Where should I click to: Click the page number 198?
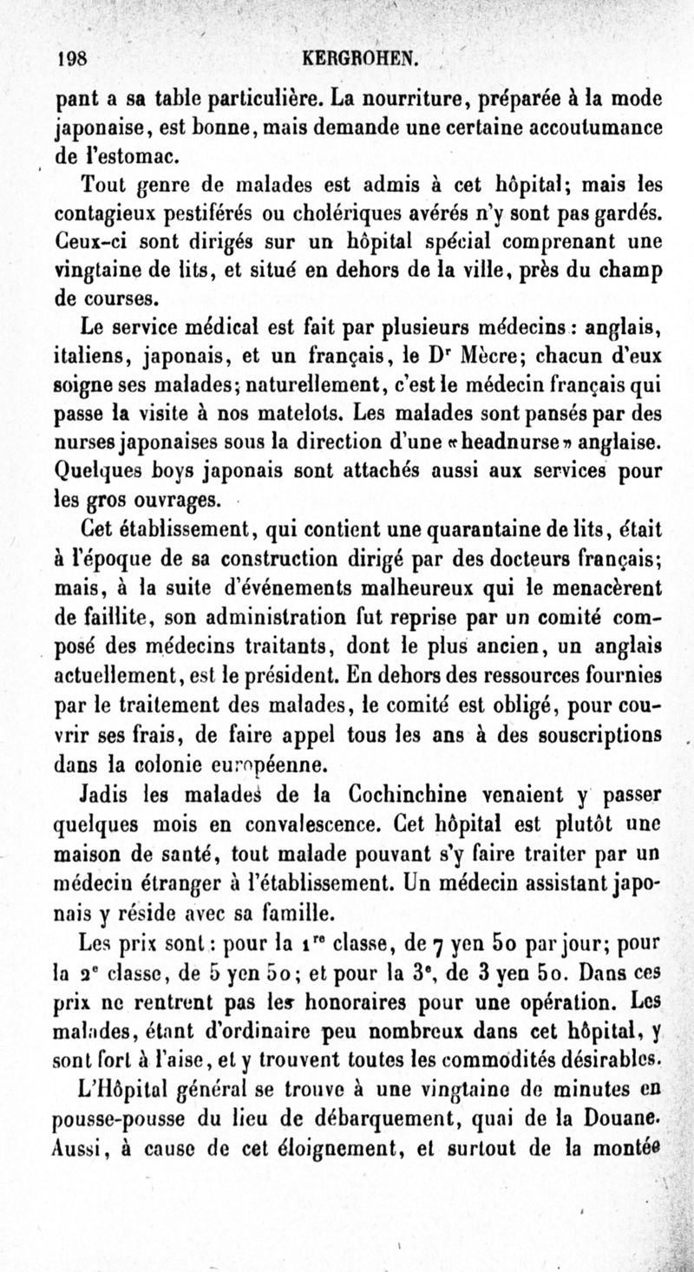[71, 60]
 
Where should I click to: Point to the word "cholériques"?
[362, 213]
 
